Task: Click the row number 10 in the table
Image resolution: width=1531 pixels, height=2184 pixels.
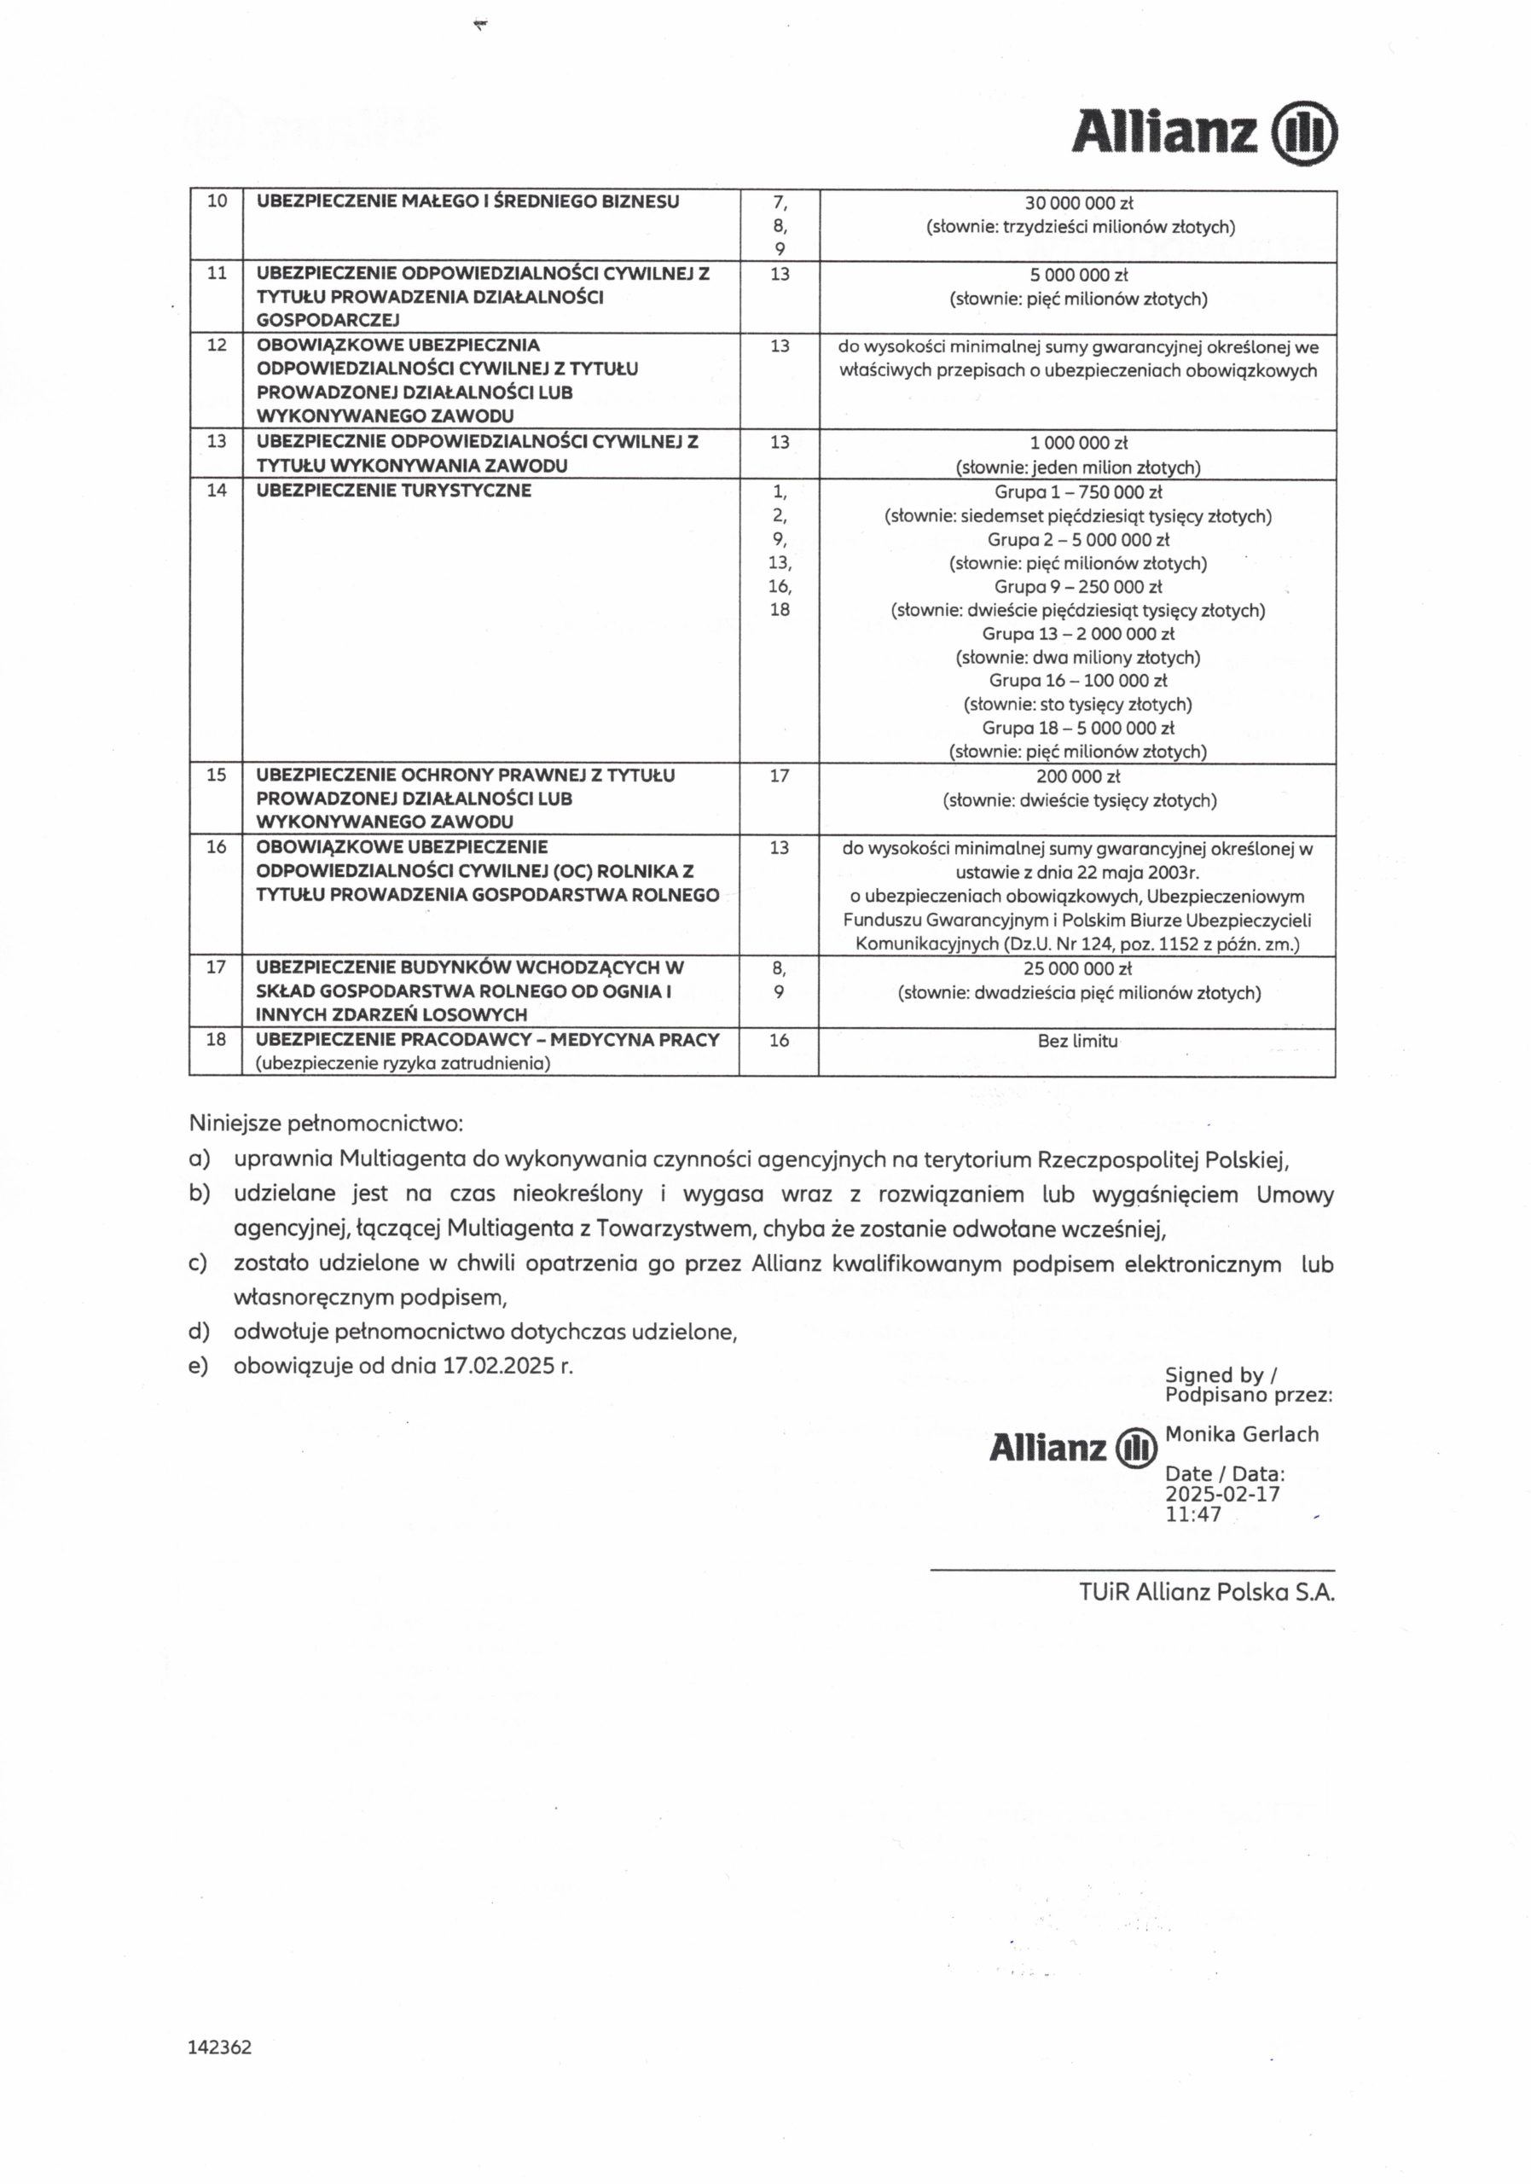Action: point(217,200)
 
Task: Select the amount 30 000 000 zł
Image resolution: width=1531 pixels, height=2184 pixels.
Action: point(1078,202)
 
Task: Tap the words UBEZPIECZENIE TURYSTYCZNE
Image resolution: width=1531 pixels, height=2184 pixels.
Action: point(394,491)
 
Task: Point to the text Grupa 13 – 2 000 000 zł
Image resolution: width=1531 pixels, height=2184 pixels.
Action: point(1078,634)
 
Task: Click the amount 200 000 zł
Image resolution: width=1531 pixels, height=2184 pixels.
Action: point(1078,776)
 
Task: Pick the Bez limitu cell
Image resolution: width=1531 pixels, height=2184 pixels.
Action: point(1077,1041)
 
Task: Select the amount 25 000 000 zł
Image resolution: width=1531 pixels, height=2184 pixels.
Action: point(1078,969)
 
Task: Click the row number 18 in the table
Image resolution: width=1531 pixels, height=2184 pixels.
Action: point(217,1040)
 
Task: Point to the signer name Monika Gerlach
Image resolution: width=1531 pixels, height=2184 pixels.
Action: point(1242,1434)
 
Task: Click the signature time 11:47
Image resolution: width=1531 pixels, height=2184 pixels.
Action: point(1193,1514)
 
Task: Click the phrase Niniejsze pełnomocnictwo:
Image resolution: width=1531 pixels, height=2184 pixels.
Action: point(326,1124)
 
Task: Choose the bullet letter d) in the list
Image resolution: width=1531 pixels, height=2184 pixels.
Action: point(199,1332)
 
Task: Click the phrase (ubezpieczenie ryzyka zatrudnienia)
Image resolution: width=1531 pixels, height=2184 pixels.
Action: point(403,1064)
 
